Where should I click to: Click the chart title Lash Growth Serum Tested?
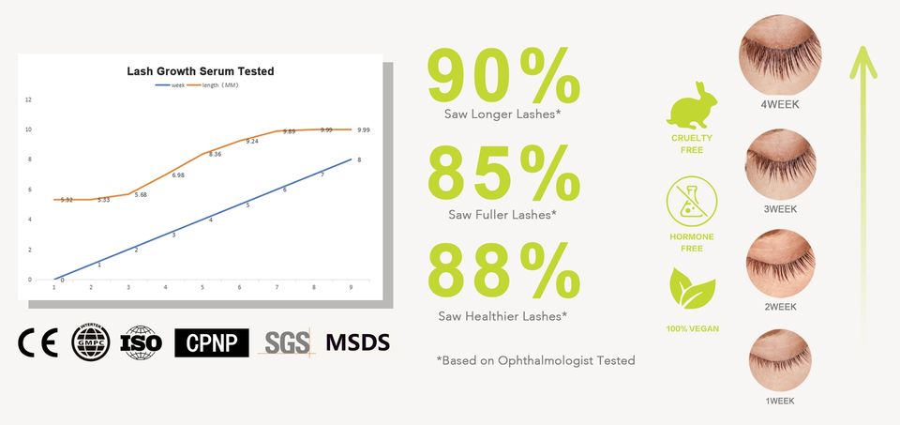201,71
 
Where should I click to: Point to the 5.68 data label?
141,194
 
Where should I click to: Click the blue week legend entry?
172,85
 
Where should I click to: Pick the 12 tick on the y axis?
28,99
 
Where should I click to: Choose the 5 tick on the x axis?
202,287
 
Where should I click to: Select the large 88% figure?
503,272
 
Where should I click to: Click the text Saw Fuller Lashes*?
502,215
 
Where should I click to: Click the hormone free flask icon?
690,204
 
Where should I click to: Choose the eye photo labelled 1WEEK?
780,359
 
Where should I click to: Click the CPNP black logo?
212,342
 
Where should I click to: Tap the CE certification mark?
37,342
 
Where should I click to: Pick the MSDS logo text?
357,342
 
